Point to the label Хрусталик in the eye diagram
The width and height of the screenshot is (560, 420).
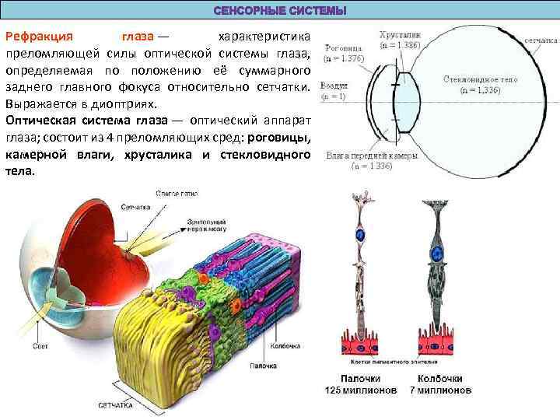tap(400, 36)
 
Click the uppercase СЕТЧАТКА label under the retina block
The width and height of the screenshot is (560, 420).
tap(112, 405)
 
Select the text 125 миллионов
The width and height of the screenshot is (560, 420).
tap(360, 388)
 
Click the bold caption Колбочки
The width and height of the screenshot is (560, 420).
tap(439, 377)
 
